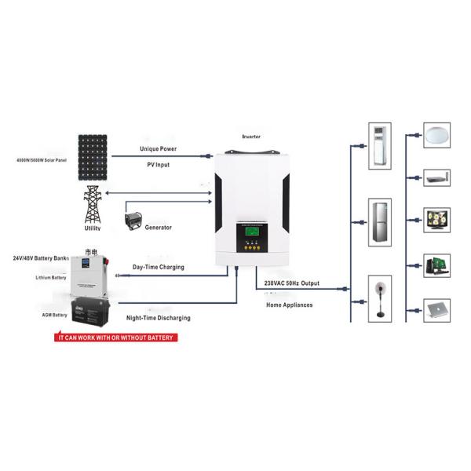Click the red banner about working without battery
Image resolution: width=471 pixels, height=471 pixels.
[x=115, y=338]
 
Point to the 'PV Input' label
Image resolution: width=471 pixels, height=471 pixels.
[x=158, y=165]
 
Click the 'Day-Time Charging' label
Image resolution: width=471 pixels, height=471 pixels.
[x=158, y=268]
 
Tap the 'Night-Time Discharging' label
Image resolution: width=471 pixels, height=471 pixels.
[x=158, y=318]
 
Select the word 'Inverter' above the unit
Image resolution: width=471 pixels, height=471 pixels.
[x=251, y=136]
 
